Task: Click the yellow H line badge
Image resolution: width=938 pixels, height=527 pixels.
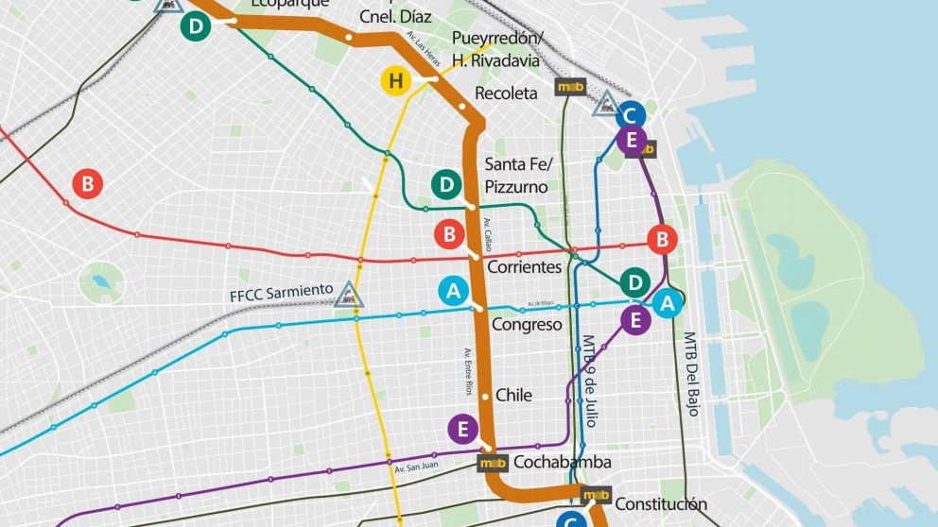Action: pos(395,82)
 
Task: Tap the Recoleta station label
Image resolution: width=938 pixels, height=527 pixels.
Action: pos(506,93)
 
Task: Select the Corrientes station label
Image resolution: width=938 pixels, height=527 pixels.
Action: pos(524,267)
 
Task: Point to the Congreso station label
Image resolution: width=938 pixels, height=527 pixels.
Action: pos(527,325)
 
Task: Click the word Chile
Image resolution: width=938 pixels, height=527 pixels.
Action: pos(513,395)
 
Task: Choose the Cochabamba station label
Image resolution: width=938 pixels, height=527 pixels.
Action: pos(562,463)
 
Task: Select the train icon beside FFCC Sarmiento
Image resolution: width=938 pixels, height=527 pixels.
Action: pos(349,296)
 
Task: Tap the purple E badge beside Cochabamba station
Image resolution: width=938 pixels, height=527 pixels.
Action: pos(462,430)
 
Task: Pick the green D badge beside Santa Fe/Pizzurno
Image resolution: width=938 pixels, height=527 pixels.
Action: pos(446,185)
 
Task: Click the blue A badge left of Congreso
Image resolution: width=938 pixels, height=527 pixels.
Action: pos(454,292)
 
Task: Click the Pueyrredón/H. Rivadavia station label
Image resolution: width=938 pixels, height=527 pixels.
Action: pos(497,49)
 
